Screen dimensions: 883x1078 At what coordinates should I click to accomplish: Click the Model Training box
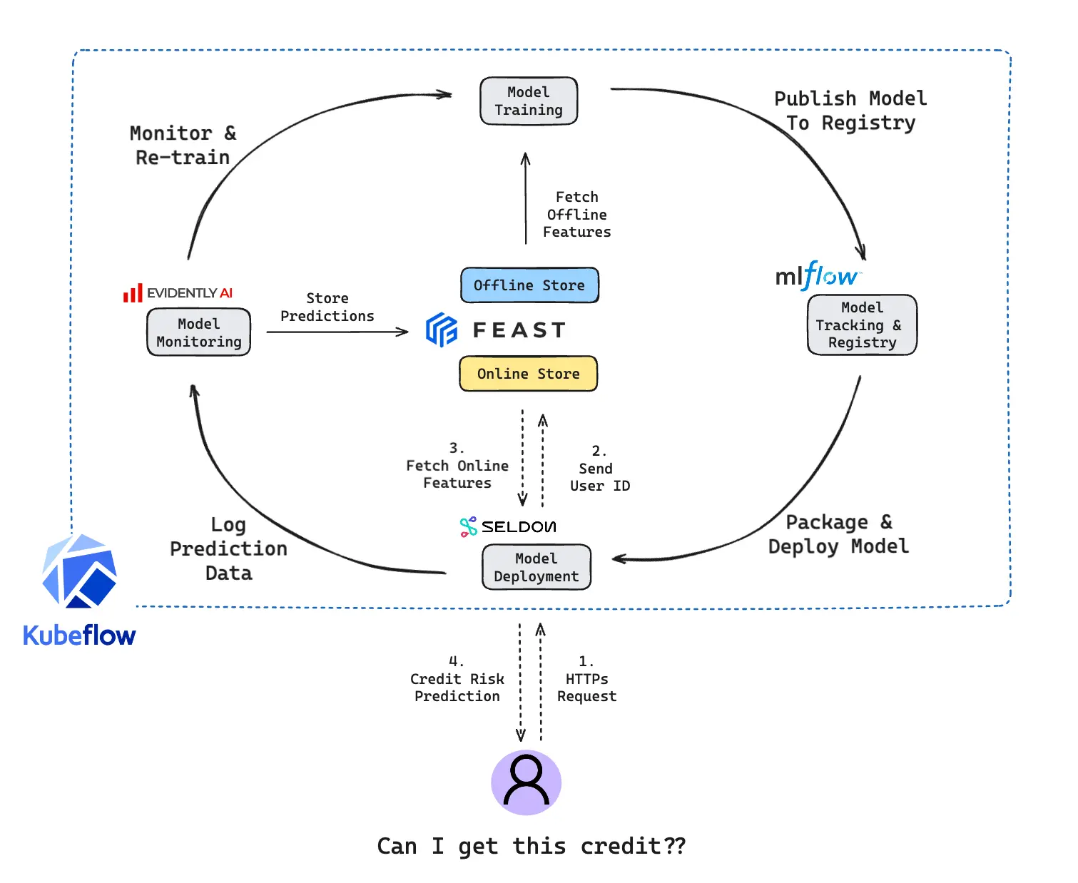click(x=529, y=101)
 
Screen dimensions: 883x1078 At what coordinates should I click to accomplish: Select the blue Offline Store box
click(x=529, y=285)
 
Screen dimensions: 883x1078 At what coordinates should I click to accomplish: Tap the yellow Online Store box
click(x=528, y=374)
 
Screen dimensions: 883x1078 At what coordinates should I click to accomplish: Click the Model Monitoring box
click(x=198, y=332)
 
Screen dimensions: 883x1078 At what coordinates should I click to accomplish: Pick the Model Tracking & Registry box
click(x=862, y=325)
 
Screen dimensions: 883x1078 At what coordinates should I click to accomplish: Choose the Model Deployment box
click(x=537, y=568)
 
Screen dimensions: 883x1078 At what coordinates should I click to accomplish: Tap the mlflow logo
click(x=818, y=275)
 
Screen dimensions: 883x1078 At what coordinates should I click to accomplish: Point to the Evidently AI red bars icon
click(x=133, y=293)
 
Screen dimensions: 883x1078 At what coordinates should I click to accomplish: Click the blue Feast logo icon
click(x=442, y=330)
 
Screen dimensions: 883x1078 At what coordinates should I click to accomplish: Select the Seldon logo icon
click(x=468, y=527)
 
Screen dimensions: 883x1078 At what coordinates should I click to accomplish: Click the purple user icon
click(x=527, y=782)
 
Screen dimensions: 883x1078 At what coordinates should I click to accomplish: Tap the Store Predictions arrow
click(x=337, y=332)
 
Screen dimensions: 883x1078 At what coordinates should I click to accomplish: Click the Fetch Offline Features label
click(x=576, y=214)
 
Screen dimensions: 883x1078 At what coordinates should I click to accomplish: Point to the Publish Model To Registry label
click(x=850, y=111)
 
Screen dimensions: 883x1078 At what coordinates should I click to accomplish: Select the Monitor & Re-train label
click(x=183, y=146)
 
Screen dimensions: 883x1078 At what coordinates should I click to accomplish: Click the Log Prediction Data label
click(x=228, y=548)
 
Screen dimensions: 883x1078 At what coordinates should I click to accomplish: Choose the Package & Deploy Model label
click(x=838, y=534)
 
